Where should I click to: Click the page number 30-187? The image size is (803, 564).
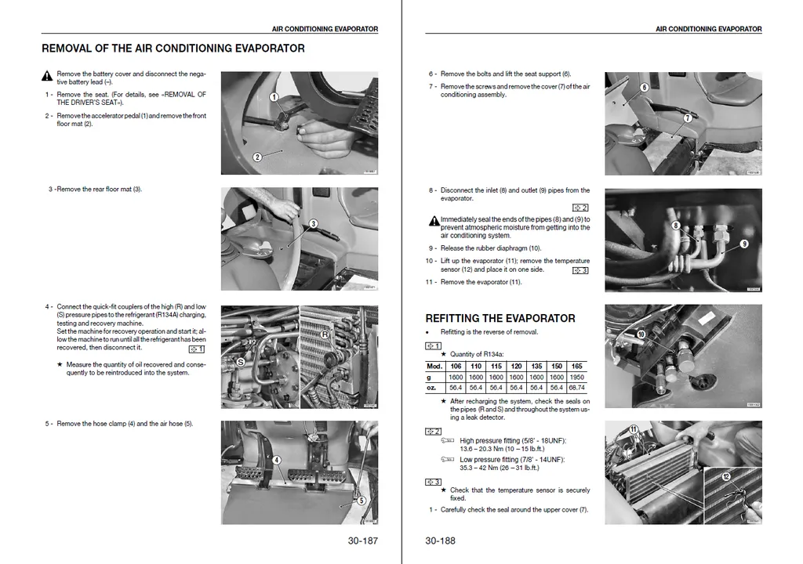click(x=362, y=540)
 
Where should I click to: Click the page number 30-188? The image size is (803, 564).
click(x=440, y=540)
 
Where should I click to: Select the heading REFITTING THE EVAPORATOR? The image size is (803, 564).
click(x=500, y=318)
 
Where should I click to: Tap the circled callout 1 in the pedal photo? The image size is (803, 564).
click(x=274, y=97)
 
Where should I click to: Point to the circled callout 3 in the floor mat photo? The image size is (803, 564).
click(x=313, y=223)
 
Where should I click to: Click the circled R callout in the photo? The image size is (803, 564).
click(x=324, y=334)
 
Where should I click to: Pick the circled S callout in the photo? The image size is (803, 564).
click(x=241, y=363)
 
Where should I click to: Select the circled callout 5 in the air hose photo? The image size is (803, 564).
click(x=361, y=501)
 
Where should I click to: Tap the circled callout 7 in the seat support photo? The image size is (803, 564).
click(x=687, y=118)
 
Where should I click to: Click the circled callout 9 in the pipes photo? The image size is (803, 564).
click(x=744, y=244)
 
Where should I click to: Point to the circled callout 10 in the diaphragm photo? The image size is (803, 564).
click(x=641, y=334)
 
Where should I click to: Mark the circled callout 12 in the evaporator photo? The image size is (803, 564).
click(x=726, y=476)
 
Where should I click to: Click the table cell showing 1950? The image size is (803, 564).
click(x=576, y=377)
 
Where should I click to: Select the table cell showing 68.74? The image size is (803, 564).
click(x=576, y=387)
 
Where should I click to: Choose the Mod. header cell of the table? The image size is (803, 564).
click(x=434, y=366)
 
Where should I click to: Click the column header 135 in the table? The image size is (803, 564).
click(x=536, y=366)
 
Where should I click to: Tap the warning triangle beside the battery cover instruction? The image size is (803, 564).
click(x=47, y=77)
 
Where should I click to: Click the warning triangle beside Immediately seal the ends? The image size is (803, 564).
click(x=434, y=222)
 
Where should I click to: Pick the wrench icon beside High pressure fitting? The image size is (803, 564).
click(x=447, y=441)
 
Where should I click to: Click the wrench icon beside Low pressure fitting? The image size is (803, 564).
click(x=447, y=460)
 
